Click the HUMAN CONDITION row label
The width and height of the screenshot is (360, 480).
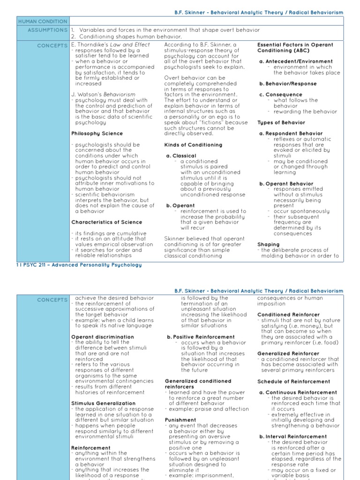42,21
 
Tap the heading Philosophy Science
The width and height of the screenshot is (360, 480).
97,134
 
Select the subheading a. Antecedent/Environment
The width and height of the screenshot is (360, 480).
296,61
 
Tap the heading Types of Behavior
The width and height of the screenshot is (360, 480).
281,122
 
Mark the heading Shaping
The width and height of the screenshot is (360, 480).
268,244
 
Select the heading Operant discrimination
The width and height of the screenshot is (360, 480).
102,337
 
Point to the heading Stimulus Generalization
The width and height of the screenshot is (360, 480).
103,403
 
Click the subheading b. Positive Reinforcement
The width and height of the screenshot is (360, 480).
201,337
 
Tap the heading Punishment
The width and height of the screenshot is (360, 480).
180,420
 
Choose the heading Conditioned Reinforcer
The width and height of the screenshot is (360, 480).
288,315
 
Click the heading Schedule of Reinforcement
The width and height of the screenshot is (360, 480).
293,382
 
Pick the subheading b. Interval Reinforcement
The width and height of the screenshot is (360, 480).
292,436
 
